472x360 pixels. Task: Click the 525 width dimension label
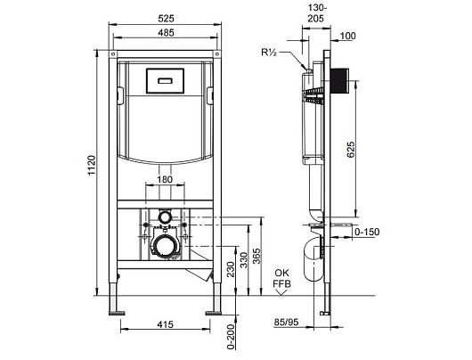point(167,19)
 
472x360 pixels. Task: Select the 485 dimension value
point(167,33)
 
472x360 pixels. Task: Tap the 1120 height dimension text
point(92,165)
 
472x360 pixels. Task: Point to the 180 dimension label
point(165,179)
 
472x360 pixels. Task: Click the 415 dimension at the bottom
point(166,324)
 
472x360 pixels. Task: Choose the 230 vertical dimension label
point(231,270)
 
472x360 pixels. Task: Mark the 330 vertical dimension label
point(243,260)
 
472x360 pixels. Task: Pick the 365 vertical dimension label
point(256,257)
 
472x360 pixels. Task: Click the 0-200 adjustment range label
point(231,337)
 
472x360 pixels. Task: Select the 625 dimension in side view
point(351,150)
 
